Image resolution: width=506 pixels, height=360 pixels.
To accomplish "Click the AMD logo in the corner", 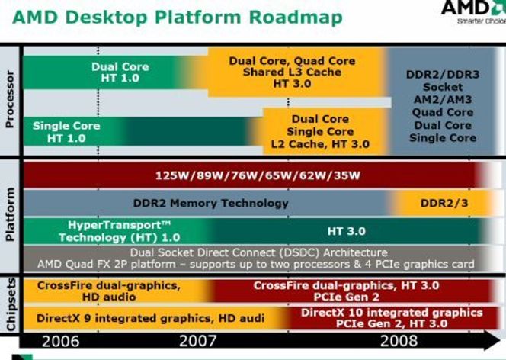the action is (x=473, y=11).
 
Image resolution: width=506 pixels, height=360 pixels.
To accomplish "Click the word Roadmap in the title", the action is (x=296, y=17).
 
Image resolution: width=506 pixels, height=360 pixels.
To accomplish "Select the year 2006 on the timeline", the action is (x=61, y=341).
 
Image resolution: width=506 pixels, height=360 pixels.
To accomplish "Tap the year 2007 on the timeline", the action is (x=197, y=341).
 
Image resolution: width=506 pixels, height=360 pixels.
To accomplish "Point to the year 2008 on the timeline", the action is (x=399, y=341).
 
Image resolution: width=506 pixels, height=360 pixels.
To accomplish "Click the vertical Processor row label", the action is (x=10, y=99).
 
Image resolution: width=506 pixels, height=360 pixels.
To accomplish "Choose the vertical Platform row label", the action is (x=10, y=214).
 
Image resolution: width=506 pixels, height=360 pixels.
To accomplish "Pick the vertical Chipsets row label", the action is (x=11, y=304).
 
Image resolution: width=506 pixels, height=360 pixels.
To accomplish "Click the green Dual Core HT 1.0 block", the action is (x=100, y=72).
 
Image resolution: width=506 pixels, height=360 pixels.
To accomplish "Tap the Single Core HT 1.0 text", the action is (x=66, y=132).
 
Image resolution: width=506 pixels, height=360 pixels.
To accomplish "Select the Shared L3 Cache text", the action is (x=292, y=72).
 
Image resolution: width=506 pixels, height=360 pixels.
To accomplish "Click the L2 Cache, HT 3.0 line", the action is (x=320, y=144).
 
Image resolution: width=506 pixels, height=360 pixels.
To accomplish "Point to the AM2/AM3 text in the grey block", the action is (x=443, y=99).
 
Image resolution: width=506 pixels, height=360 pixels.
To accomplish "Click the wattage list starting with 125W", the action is (x=258, y=175).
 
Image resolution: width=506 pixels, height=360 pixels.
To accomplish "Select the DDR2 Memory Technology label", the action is (x=211, y=203).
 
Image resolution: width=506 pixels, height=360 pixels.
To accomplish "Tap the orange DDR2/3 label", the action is (x=444, y=203).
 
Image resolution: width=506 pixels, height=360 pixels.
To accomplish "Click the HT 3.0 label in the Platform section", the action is (x=346, y=231).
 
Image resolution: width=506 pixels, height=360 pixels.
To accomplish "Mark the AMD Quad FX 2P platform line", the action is (x=256, y=265).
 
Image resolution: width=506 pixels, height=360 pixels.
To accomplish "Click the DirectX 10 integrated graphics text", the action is (x=392, y=313).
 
